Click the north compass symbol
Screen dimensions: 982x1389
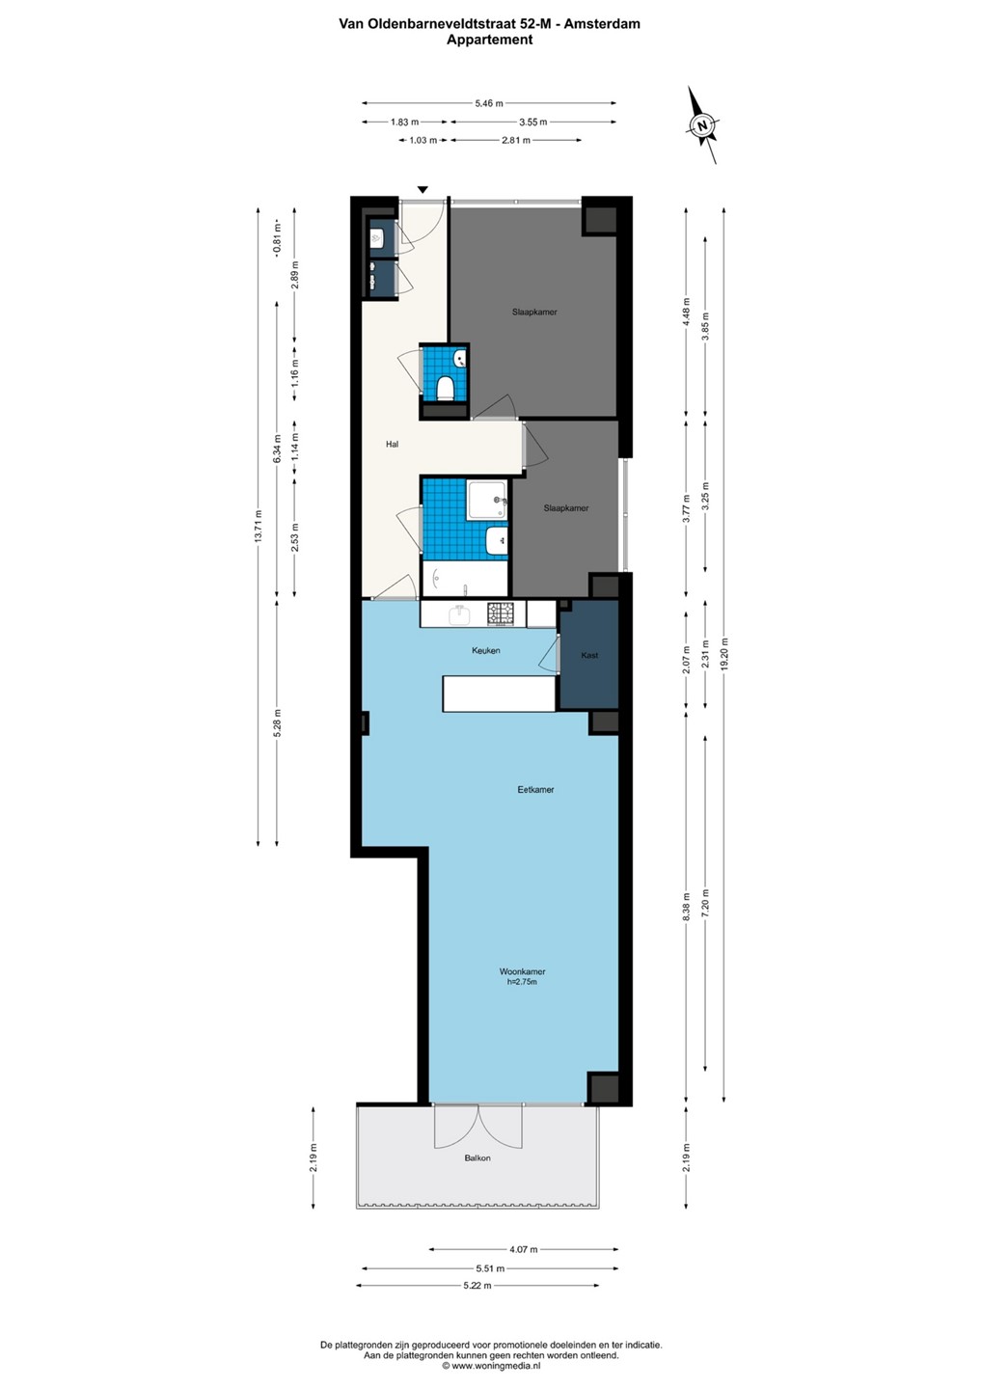[702, 125]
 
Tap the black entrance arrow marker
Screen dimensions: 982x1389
[423, 190]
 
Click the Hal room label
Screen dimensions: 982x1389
[392, 444]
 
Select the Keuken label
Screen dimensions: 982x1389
[485, 650]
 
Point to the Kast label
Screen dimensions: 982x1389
[589, 655]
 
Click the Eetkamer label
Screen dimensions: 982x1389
[535, 789]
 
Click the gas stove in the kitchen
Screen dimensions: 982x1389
[500, 613]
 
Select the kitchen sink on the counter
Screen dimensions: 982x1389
[459, 615]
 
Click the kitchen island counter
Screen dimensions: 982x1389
[499, 694]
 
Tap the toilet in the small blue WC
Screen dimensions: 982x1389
[445, 388]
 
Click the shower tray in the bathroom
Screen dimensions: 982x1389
[487, 501]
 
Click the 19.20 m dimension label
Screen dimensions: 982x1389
[724, 656]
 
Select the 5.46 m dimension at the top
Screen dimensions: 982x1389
[489, 103]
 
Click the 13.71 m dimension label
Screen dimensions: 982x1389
[259, 527]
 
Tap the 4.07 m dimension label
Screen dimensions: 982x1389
[523, 1249]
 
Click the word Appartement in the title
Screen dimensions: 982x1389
[490, 40]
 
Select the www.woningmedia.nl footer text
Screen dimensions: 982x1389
[491, 1365]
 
